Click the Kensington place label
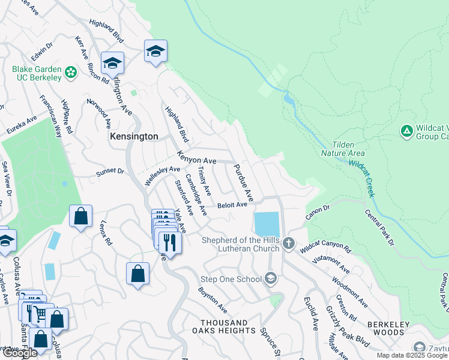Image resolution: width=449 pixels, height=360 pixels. (134, 137)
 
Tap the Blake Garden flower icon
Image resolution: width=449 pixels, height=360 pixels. (71, 73)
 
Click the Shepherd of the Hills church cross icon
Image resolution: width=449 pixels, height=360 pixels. (289, 243)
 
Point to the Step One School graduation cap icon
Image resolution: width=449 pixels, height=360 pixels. (271, 278)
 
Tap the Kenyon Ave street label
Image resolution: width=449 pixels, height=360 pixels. (196, 158)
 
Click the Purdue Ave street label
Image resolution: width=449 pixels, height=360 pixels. (244, 183)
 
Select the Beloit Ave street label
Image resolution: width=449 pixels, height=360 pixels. (232, 205)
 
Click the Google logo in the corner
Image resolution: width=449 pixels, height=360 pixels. (20, 353)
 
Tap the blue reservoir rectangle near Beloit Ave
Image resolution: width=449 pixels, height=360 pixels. (267, 224)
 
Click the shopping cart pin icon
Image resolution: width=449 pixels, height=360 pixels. (39, 313)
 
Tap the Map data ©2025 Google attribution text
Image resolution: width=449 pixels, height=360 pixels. (412, 355)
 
